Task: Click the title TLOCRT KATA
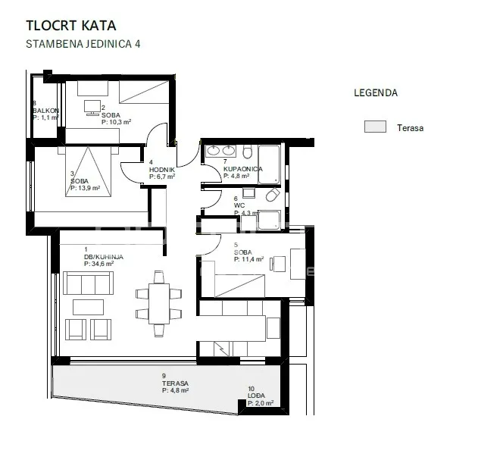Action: (x=71, y=26)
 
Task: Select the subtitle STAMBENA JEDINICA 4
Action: (x=83, y=44)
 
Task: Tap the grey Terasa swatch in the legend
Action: (x=375, y=127)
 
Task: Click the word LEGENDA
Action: (x=376, y=92)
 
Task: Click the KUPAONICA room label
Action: (x=243, y=169)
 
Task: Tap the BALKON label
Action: (x=46, y=111)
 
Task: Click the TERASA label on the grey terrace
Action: (x=175, y=383)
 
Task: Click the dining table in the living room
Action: (x=159, y=304)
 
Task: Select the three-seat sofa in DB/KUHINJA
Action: (x=88, y=283)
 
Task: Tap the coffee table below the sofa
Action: (x=88, y=307)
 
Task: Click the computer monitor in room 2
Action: (x=92, y=108)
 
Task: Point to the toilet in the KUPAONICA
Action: (x=248, y=152)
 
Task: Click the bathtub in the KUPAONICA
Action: (x=269, y=164)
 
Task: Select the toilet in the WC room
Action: (x=273, y=195)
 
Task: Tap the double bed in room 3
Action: (x=88, y=171)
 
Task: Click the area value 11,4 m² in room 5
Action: (x=248, y=259)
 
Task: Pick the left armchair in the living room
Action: (x=76, y=330)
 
